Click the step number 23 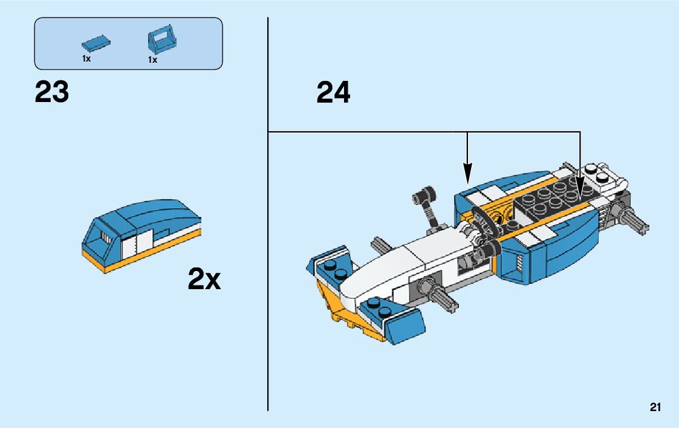[52, 93]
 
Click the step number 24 [333, 93]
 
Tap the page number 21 [655, 407]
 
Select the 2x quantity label [204, 279]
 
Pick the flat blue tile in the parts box [97, 43]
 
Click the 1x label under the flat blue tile [86, 59]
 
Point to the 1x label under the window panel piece [152, 60]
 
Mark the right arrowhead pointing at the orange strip [580, 191]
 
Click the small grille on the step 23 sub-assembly [105, 238]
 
